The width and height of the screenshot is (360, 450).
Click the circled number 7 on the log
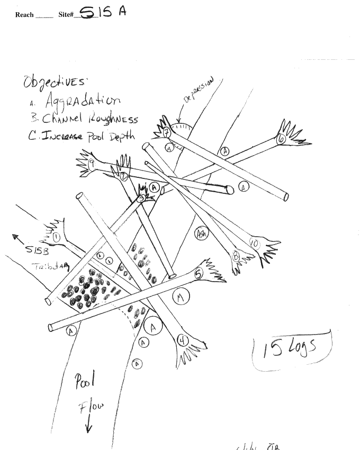166,131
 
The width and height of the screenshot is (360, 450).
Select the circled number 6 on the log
282,139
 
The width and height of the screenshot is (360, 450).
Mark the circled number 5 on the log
199,274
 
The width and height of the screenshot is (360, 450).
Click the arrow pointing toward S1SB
18,239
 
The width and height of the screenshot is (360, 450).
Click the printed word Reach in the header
25,15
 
